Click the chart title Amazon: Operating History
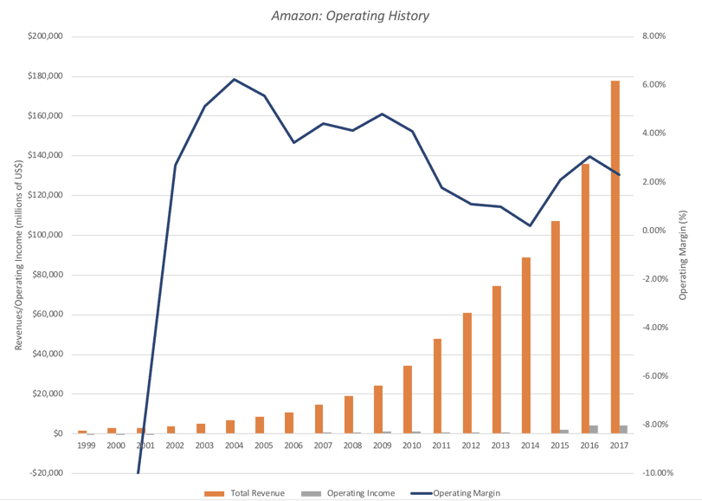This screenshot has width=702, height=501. click(x=351, y=16)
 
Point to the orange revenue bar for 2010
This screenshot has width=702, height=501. click(x=408, y=400)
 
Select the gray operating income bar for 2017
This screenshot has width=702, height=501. click(x=623, y=429)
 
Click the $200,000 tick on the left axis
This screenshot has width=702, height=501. click(x=46, y=36)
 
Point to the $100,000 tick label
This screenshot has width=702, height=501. click(x=46, y=235)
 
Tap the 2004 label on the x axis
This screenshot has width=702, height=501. click(x=234, y=446)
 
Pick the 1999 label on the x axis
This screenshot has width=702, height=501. click(x=86, y=446)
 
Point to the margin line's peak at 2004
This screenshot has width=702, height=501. click(x=235, y=79)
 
